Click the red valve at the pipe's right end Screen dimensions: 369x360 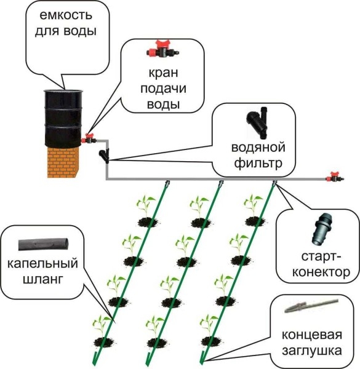click(335, 178)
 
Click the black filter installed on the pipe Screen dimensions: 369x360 click(105, 153)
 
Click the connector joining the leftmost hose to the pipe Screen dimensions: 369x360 click(167, 183)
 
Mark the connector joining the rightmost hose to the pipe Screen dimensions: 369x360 click(274, 183)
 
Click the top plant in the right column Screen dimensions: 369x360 click(252, 208)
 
